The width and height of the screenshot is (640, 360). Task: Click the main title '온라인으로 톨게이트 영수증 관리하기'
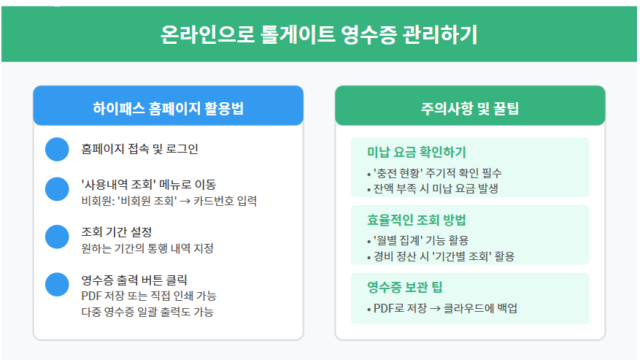(x=320, y=35)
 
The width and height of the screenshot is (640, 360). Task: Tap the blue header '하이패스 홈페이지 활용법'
(x=168, y=109)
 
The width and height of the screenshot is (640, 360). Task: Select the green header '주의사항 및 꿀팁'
(x=470, y=109)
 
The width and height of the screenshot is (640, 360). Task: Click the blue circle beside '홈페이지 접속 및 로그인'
(x=56, y=149)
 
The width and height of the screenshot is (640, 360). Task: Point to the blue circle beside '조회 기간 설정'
(x=56, y=237)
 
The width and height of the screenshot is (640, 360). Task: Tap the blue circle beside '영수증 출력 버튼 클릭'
(x=56, y=284)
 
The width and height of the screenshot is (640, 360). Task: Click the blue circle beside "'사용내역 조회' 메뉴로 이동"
(x=56, y=188)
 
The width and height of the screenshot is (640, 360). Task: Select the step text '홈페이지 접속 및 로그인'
(x=139, y=149)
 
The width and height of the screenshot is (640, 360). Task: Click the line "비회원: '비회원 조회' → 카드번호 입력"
(x=169, y=201)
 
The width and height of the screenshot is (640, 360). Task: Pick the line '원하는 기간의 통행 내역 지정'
(x=147, y=248)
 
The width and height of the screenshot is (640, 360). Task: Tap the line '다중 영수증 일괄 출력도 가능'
(x=148, y=312)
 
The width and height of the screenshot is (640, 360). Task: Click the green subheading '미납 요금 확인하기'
(x=417, y=153)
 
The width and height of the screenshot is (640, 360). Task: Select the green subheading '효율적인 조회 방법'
(x=417, y=220)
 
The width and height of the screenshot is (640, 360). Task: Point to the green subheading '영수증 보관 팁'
(x=406, y=287)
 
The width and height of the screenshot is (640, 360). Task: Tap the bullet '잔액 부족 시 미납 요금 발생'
(x=432, y=188)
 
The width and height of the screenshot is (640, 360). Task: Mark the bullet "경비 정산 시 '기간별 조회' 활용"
(x=440, y=256)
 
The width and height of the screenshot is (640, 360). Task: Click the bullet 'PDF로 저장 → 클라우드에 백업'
(x=441, y=308)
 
